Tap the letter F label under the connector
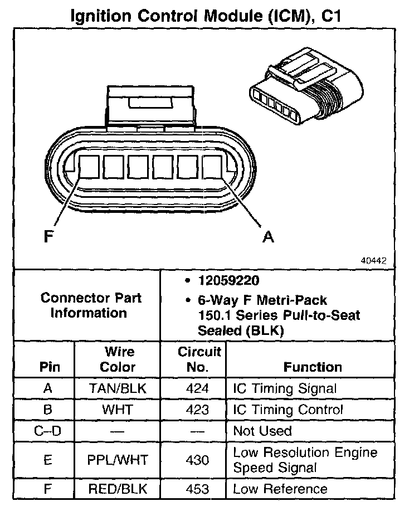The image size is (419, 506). [49, 237]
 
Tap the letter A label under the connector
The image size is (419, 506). [269, 237]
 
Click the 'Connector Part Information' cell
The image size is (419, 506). [91, 305]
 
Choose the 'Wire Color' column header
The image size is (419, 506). [119, 359]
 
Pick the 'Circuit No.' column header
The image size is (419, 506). [199, 359]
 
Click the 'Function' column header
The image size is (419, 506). [313, 367]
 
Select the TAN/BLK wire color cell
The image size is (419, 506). [119, 389]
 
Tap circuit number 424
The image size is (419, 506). [199, 389]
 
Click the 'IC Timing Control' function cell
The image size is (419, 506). [288, 410]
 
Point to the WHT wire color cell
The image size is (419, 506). [119, 410]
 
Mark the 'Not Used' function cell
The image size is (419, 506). [262, 431]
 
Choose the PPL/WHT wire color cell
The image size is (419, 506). [119, 460]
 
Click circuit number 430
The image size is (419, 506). [199, 460]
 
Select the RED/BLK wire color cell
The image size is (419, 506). [119, 489]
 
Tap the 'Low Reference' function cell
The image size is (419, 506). [280, 489]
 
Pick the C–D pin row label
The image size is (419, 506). [47, 431]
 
